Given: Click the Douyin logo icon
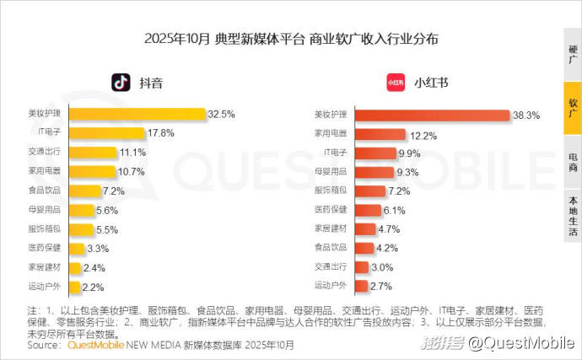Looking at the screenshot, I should [121, 83].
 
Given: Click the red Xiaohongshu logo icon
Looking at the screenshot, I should [396, 83].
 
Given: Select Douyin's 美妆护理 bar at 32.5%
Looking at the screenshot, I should [137, 114].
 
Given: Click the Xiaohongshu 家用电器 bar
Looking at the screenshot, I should [380, 134].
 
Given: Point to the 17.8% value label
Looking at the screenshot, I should [161, 133].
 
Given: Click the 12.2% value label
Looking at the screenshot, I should [423, 134].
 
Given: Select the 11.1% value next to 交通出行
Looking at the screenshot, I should [133, 153].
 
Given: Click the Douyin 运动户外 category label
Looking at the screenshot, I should [44, 287].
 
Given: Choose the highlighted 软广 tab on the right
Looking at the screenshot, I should [573, 109].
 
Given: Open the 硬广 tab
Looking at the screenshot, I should [573, 56].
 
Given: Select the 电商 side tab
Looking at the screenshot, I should [573, 162].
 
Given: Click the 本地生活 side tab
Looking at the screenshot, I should [573, 216].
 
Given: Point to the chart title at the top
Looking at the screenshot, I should [291, 40].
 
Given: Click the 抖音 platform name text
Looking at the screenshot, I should [151, 83].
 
